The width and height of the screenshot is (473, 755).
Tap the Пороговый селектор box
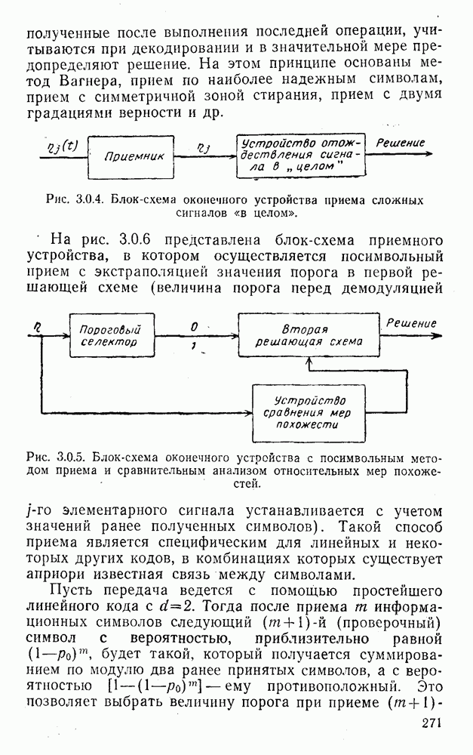115,335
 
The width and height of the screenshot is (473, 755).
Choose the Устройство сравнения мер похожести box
309,412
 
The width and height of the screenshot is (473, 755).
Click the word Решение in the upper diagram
401,143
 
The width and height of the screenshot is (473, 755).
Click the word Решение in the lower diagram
412,323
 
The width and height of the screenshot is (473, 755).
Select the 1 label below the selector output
194,345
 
